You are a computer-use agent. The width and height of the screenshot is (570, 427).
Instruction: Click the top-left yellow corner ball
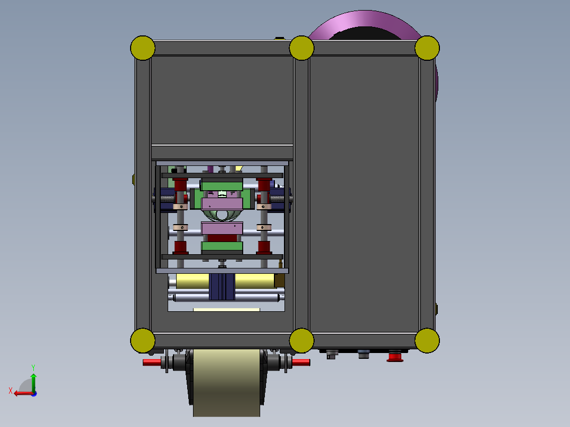point(143,48)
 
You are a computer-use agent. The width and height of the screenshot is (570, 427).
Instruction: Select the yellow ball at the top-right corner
point(427,48)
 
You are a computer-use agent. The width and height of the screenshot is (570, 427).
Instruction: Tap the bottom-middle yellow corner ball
point(302,340)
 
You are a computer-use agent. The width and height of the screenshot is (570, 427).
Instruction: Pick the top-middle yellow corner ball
point(302,48)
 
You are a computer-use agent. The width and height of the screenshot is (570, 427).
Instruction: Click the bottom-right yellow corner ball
point(427,340)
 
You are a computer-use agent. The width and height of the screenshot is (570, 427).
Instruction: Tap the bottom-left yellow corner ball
point(143,340)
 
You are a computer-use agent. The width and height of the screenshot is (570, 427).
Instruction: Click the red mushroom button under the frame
point(395,356)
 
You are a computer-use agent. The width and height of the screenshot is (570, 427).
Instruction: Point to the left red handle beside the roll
point(152,363)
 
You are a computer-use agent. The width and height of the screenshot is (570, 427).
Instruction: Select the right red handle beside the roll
point(301,363)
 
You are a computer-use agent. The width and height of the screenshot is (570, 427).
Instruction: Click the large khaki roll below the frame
point(226,383)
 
